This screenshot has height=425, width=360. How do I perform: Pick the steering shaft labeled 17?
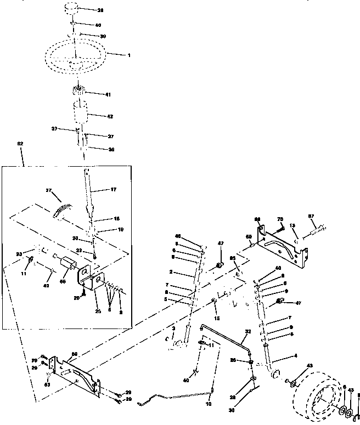(x=88, y=189)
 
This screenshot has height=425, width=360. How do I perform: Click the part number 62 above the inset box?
(x=20, y=144)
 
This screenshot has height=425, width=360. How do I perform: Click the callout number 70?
(x=280, y=220)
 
